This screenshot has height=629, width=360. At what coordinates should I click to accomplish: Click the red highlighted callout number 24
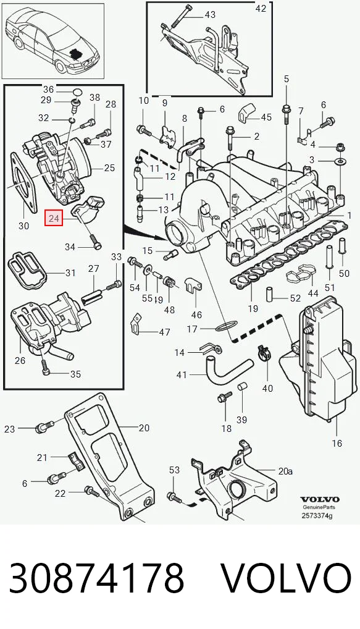click(54, 219)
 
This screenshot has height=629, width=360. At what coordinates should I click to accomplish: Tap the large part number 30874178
click(96, 578)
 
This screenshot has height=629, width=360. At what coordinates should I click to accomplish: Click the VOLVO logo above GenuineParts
click(320, 500)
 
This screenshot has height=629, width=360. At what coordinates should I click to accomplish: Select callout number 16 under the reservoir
click(337, 443)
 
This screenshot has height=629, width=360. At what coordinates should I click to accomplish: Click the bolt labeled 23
click(44, 427)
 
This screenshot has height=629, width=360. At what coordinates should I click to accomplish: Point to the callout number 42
click(261, 8)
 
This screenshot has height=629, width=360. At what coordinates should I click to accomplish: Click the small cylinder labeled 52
click(270, 296)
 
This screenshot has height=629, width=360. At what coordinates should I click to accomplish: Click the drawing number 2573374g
click(317, 516)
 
